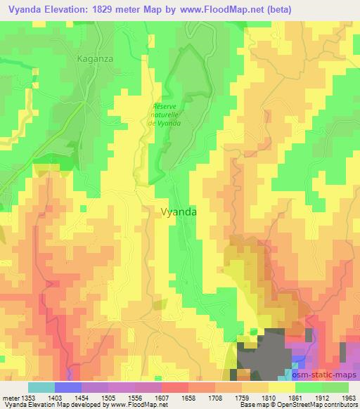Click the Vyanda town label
tap(179, 210)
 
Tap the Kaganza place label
tap(94, 60)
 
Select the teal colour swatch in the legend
tap(41, 387)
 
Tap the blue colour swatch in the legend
tap(67, 387)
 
